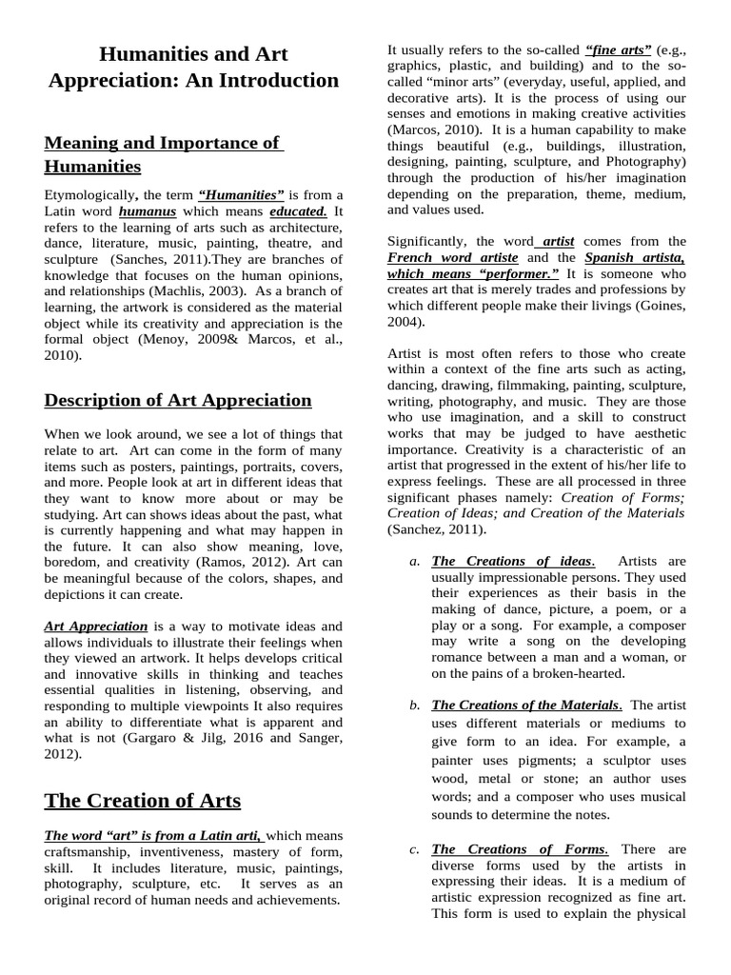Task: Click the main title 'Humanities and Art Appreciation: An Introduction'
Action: click(x=193, y=67)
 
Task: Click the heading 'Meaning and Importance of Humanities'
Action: click(x=163, y=155)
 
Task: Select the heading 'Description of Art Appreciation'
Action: click(x=178, y=400)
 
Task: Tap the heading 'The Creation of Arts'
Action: click(x=143, y=800)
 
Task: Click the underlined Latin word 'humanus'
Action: click(x=148, y=211)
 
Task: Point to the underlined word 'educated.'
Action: click(x=298, y=211)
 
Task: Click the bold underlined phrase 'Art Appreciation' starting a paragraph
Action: click(x=96, y=627)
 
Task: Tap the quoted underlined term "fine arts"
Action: click(x=619, y=49)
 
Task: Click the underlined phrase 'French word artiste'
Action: click(x=452, y=258)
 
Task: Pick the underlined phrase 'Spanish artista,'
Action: click(x=635, y=258)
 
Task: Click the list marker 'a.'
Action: click(x=414, y=562)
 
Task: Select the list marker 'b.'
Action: click(x=414, y=706)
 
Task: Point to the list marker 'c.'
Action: click(x=414, y=849)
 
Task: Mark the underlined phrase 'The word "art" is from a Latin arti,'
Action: click(x=155, y=835)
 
